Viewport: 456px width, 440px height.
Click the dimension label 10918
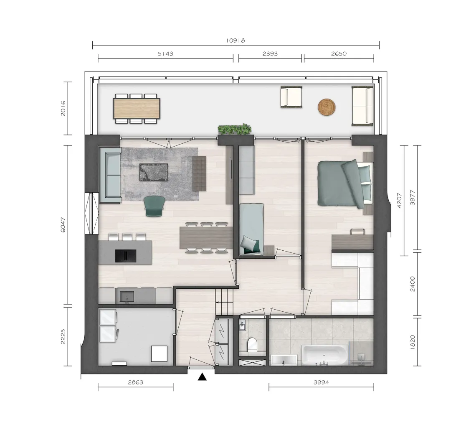[236, 41]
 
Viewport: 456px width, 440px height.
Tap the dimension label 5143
[165, 53]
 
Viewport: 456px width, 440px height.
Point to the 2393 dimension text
[270, 53]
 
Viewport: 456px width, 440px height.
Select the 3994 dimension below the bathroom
[321, 382]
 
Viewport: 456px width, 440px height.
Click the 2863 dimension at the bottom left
[136, 382]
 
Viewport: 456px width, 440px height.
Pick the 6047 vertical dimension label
[63, 225]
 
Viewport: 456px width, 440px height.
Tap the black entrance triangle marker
[202, 377]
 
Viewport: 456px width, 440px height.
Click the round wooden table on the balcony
[327, 107]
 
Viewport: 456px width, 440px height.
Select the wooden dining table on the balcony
[137, 108]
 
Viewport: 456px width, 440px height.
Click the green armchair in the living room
[155, 206]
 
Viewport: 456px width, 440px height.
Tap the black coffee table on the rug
[154, 172]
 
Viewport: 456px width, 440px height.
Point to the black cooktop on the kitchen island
[126, 256]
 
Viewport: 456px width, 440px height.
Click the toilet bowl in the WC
[251, 345]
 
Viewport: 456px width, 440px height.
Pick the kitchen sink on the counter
[127, 297]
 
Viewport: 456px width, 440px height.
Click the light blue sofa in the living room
[110, 175]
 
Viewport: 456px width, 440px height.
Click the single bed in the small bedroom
[251, 229]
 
